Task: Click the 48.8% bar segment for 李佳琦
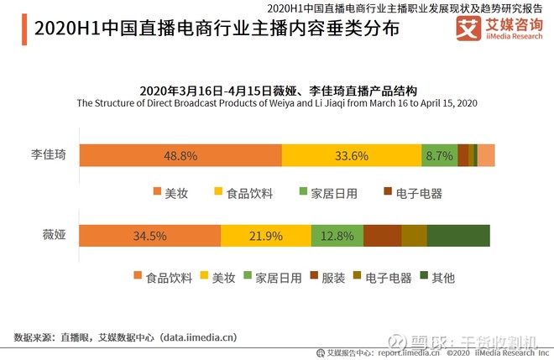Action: pos(180,155)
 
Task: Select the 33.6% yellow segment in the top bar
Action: pos(351,155)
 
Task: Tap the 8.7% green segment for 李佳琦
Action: pos(439,155)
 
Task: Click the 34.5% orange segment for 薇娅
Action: pos(150,236)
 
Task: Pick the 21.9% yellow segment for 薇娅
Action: pos(265,236)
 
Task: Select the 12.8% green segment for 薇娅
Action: pos(337,236)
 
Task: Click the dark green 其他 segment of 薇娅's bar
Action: pos(458,236)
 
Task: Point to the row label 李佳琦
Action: pos(49,155)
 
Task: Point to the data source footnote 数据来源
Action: pos(126,337)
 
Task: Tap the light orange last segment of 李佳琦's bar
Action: pos(486,155)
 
